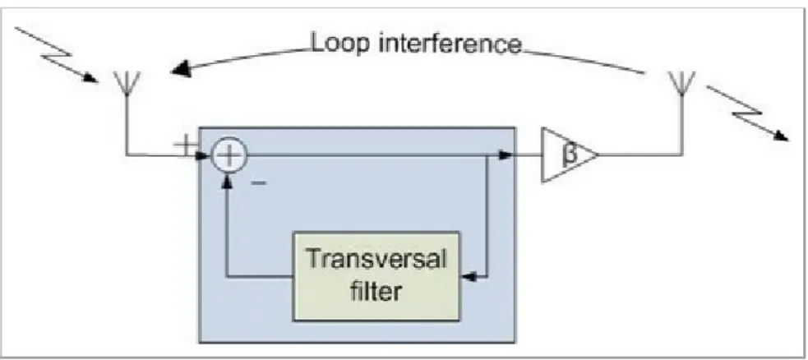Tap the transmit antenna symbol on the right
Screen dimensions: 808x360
pyautogui.click(x=681, y=83)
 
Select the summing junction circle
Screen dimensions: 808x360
pyautogui.click(x=229, y=154)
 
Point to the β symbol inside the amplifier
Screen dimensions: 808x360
pyautogui.click(x=568, y=154)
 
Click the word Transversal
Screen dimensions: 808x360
pyautogui.click(x=375, y=259)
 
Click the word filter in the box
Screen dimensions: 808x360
pyautogui.click(x=376, y=292)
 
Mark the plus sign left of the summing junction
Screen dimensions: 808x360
pyautogui.click(x=186, y=145)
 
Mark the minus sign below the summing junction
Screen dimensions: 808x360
pyautogui.click(x=259, y=182)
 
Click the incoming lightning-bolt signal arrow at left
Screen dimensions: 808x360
pyautogui.click(x=56, y=54)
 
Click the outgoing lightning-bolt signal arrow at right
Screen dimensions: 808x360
pyautogui.click(x=748, y=113)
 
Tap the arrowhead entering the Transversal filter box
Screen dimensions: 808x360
pyautogui.click(x=467, y=278)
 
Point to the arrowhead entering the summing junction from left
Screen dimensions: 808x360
pyautogui.click(x=205, y=154)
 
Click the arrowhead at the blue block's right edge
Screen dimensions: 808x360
pyautogui.click(x=508, y=154)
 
